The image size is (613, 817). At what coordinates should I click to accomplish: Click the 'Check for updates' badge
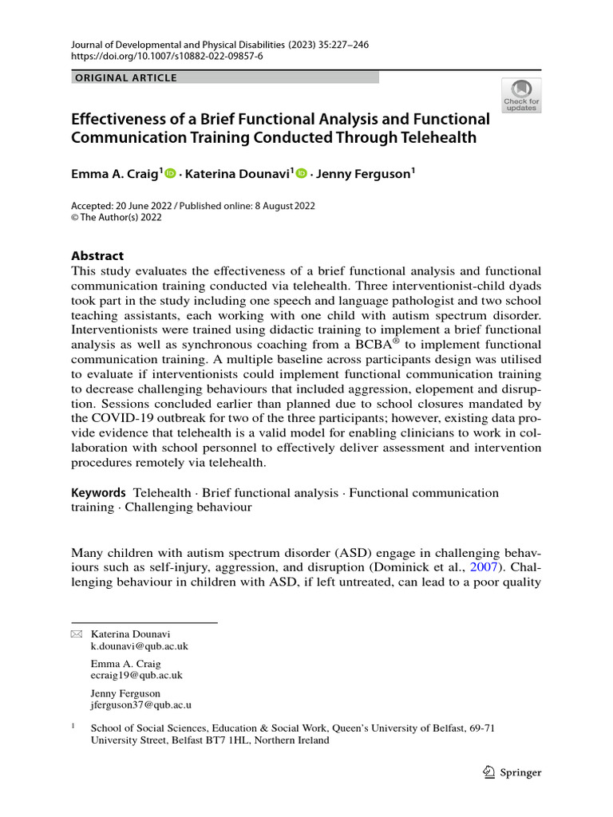[x=521, y=95]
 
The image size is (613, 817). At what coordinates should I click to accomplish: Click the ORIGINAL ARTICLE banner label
[x=125, y=78]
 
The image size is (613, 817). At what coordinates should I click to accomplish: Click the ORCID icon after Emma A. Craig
[x=169, y=172]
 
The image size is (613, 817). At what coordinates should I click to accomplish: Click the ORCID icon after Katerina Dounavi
[x=302, y=172]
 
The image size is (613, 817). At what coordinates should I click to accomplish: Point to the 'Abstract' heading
[x=97, y=256]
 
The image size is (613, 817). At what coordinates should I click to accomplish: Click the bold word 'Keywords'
[x=98, y=493]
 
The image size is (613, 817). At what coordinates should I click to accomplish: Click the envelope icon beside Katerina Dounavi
[x=77, y=633]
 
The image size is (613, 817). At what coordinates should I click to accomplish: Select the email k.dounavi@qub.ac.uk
[x=140, y=646]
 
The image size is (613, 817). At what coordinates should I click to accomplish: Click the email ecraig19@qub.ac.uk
[x=136, y=675]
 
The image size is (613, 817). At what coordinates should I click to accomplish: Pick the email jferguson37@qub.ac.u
[x=141, y=705]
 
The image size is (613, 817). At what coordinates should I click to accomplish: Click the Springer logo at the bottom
[x=512, y=772]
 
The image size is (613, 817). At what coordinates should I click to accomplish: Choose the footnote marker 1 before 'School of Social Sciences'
[x=73, y=727]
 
